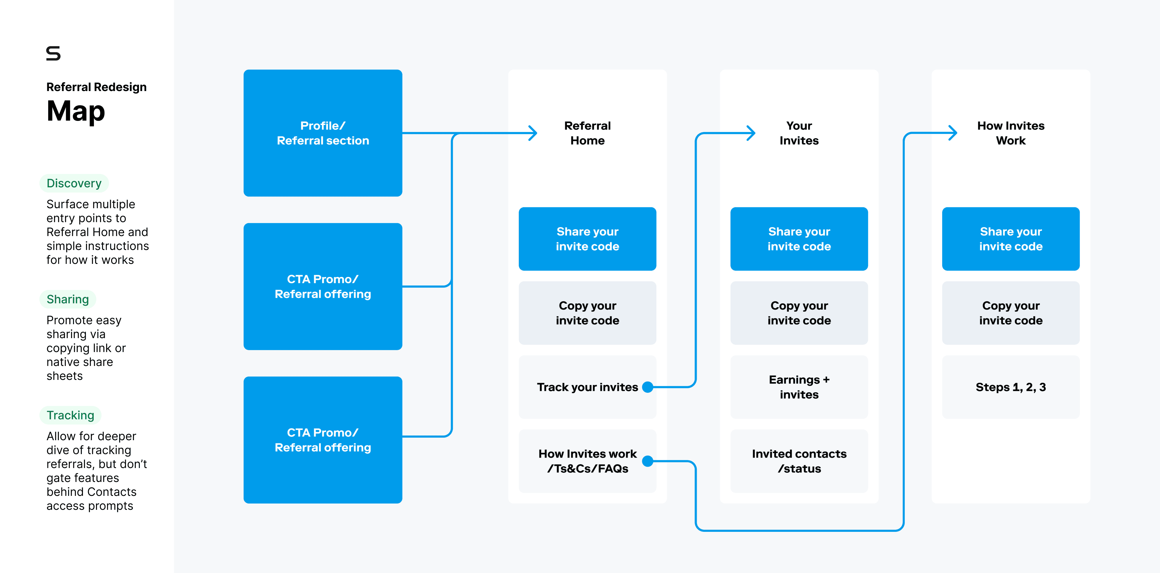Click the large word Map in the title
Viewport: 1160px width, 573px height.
(76, 111)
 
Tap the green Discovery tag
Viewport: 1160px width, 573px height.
(74, 183)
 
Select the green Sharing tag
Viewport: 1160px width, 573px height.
(68, 299)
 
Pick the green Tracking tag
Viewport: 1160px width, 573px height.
(70, 415)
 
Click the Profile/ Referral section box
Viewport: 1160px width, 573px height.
(322, 133)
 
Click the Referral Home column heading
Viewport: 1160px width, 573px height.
(587, 133)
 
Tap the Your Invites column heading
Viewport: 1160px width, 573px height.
(799, 133)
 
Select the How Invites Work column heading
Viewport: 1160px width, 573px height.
(1010, 133)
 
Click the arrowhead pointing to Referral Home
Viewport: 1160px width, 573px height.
(533, 133)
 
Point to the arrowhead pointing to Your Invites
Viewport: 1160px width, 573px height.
(751, 133)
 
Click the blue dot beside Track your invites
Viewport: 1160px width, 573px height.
(648, 387)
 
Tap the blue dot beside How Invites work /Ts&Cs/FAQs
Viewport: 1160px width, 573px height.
(648, 461)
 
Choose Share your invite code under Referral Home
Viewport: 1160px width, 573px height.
(587, 239)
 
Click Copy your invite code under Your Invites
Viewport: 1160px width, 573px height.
(799, 313)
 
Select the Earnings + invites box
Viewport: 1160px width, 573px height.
(799, 387)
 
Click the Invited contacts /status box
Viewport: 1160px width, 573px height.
(799, 461)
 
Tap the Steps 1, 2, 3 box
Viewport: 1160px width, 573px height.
(1010, 387)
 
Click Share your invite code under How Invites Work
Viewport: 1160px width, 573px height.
(1010, 239)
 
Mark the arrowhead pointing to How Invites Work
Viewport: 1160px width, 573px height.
(953, 133)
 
